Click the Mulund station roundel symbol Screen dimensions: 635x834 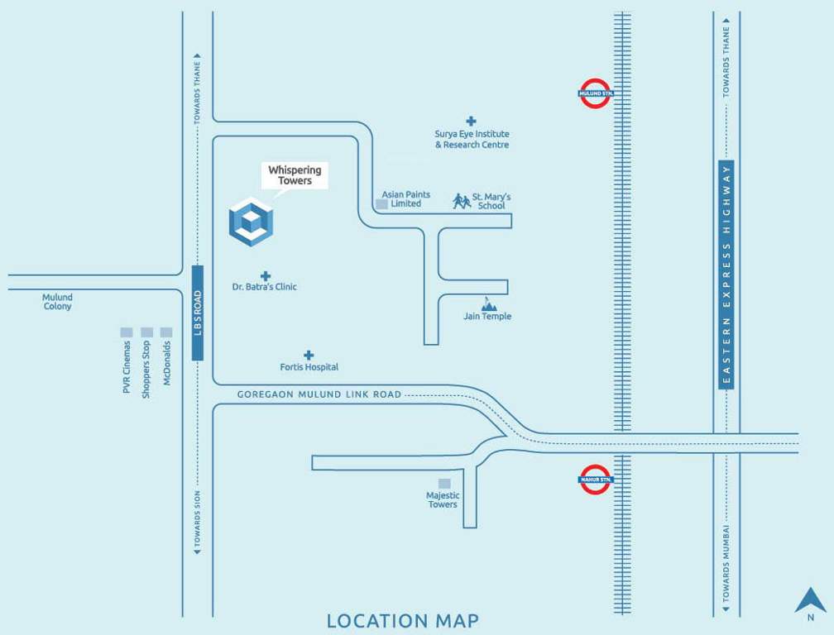tap(595, 93)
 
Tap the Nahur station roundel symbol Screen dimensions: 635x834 tap(595, 479)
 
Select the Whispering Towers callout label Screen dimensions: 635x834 tap(295, 175)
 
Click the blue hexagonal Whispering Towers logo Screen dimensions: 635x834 tap(251, 222)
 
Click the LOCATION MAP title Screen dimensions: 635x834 tap(402, 620)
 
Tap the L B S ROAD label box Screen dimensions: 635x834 tap(197, 313)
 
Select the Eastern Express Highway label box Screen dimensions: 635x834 tap(726, 275)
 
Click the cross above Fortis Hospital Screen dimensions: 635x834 tap(309, 355)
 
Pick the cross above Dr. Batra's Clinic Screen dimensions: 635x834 tap(265, 275)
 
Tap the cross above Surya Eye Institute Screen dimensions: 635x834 tap(471, 121)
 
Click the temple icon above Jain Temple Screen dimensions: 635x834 tap(488, 304)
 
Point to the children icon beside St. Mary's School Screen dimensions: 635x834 tap(461, 200)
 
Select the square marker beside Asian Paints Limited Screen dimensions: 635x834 tap(381, 203)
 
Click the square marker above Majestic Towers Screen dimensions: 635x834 tap(444, 483)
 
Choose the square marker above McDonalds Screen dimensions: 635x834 tap(166, 332)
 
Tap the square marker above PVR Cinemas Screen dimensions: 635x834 tap(127, 332)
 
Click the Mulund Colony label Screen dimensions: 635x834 tap(58, 302)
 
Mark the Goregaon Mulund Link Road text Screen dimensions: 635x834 tap(319, 394)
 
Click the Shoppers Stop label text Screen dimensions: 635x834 tap(146, 370)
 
